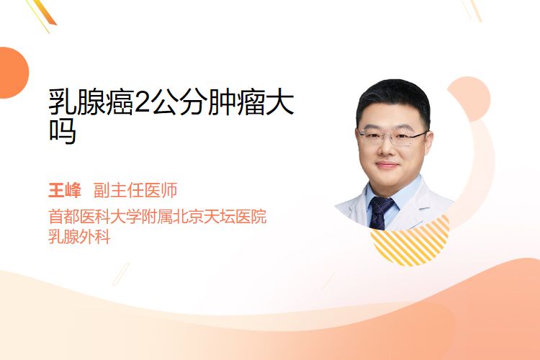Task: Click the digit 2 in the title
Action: [143, 102]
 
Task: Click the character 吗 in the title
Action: [62, 131]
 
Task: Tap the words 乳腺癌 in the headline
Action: [91, 102]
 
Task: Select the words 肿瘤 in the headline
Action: [236, 102]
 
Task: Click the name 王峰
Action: [64, 190]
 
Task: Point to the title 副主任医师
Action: [135, 190]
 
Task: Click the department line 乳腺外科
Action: [79, 237]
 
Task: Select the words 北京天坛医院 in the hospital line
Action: [220, 216]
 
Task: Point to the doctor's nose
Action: [387, 147]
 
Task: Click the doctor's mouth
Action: [387, 165]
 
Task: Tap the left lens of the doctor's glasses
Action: [371, 137]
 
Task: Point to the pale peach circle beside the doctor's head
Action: [472, 98]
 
